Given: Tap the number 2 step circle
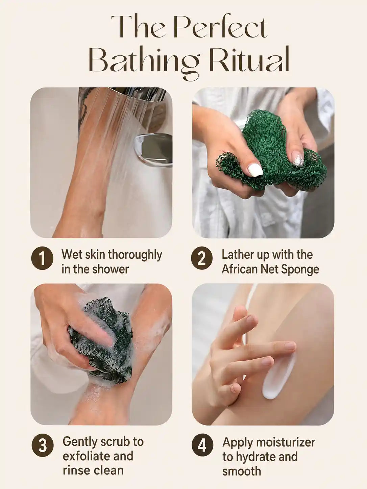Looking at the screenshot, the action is (202, 258).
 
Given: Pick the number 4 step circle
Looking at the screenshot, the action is (202, 445).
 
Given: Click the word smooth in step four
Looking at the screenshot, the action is (242, 471).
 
